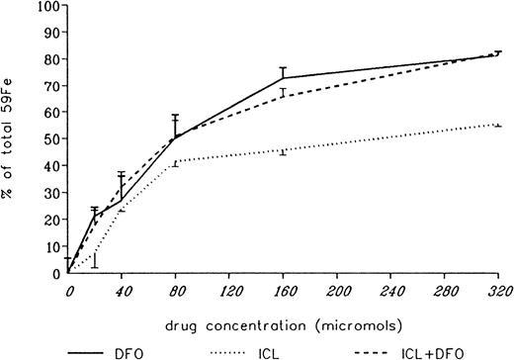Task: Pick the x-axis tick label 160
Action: (x=283, y=292)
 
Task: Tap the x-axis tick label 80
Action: (x=176, y=292)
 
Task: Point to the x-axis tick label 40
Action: (x=123, y=292)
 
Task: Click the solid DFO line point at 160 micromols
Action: (x=283, y=77)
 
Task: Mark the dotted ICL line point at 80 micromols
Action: (x=176, y=161)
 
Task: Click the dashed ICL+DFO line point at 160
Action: (x=283, y=96)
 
